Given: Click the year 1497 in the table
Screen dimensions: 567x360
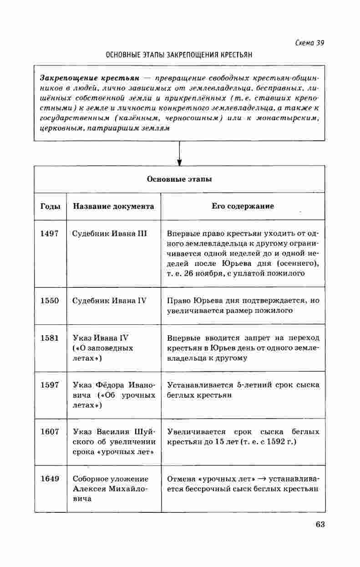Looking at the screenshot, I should (x=49, y=234).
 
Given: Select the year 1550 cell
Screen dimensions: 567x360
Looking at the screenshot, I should (x=49, y=301).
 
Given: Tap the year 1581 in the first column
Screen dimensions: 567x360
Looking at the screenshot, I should (x=49, y=338).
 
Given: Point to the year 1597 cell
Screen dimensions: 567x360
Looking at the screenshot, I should (x=49, y=385).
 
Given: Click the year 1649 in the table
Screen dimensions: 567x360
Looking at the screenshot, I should (x=49, y=479).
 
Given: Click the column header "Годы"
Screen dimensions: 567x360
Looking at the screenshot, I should (x=50, y=206).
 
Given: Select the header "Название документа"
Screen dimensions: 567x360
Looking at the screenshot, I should (x=114, y=206).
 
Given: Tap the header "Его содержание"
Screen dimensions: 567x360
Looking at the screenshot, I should (x=243, y=206).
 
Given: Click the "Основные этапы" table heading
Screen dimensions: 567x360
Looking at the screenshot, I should (x=179, y=179).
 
